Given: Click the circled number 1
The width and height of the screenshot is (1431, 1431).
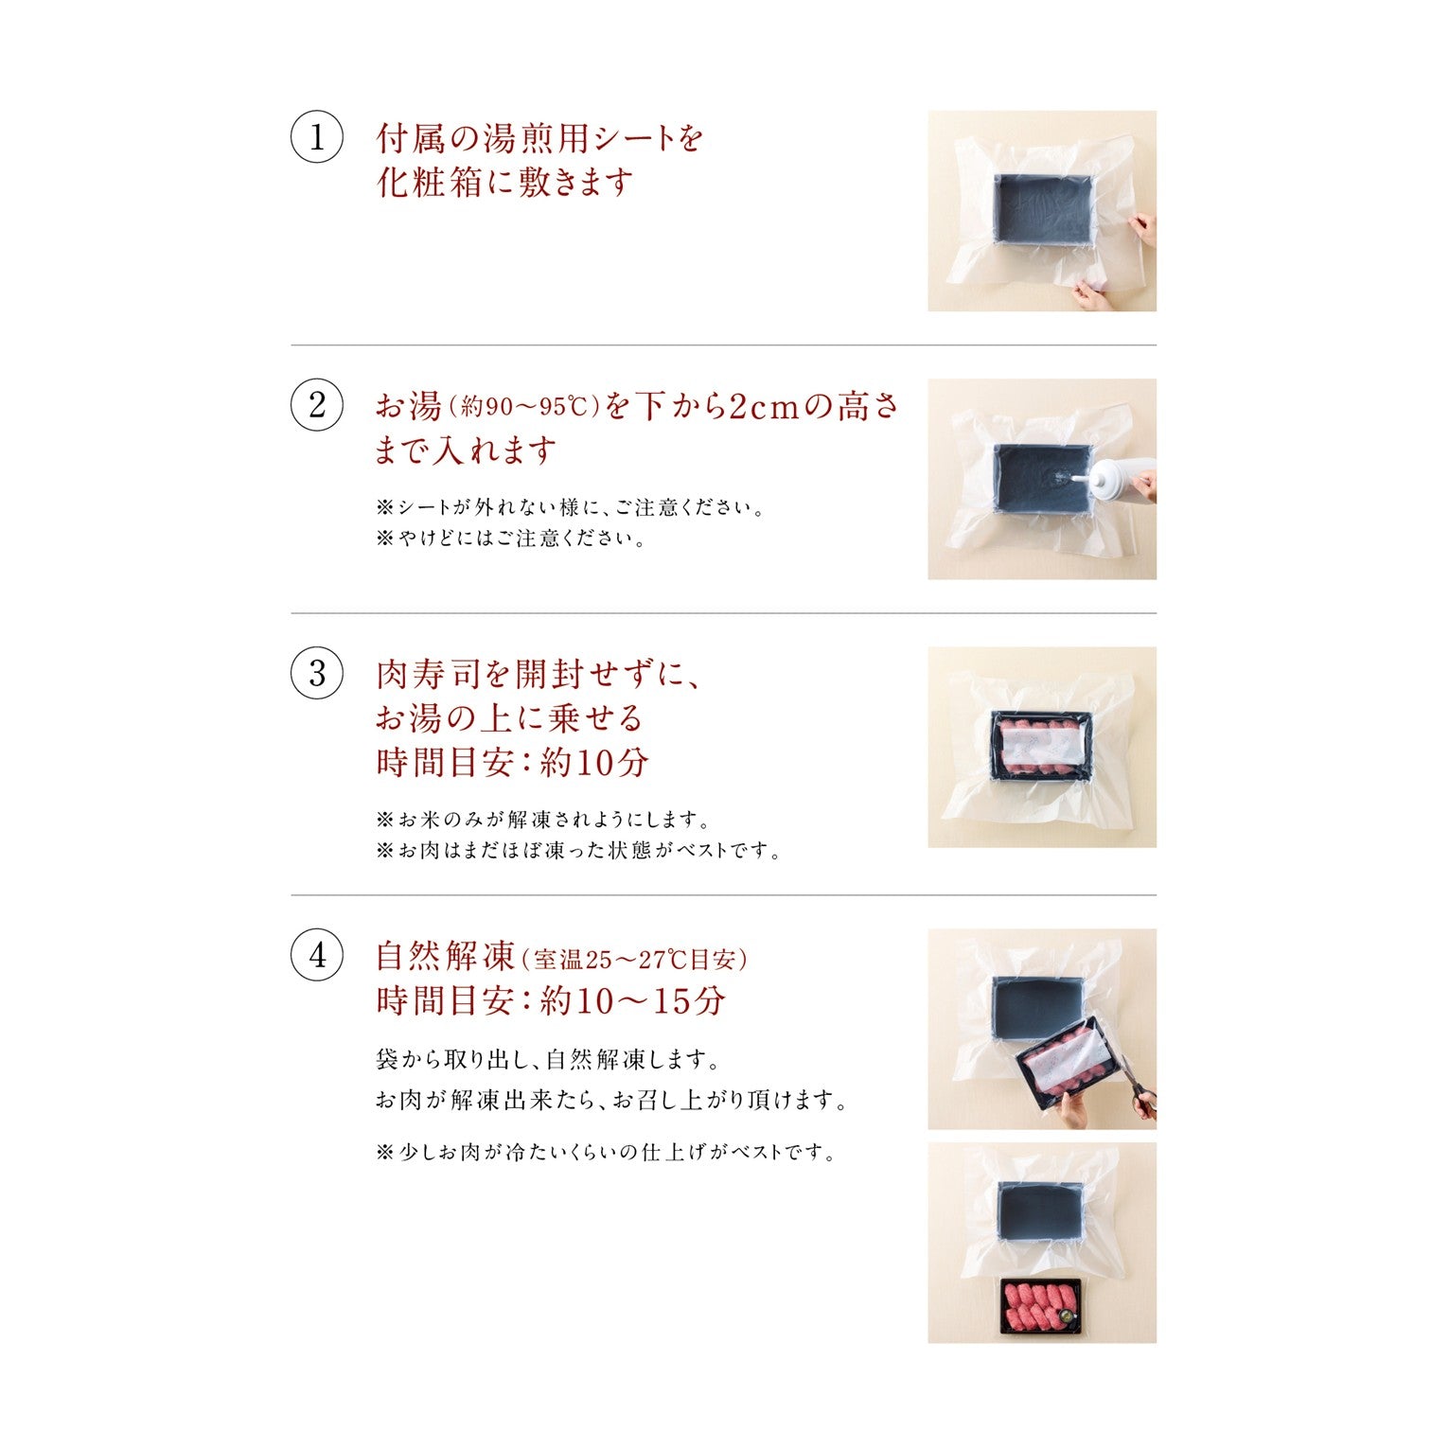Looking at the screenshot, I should coord(316,138).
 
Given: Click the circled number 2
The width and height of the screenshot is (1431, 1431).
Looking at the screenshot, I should coord(316,405).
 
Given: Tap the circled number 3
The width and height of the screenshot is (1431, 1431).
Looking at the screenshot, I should coord(316,674).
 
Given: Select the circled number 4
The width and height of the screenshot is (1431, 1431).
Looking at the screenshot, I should coord(316,955).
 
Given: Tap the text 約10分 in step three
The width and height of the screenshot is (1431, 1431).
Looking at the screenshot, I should coord(593,763).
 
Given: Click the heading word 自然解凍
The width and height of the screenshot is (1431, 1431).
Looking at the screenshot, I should coord(445,956).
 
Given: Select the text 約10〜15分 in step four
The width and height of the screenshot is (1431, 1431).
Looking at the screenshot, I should coord(631,1001).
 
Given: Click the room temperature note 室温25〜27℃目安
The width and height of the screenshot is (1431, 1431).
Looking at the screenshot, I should coord(634,960).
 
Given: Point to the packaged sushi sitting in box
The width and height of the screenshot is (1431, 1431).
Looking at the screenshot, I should coord(1041,746).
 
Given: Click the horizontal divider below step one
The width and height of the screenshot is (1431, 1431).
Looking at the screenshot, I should coord(723,345).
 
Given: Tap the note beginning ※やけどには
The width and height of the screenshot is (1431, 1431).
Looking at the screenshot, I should coord(511,539).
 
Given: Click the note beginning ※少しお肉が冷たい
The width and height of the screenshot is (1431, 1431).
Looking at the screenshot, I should coord(606,1153).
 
